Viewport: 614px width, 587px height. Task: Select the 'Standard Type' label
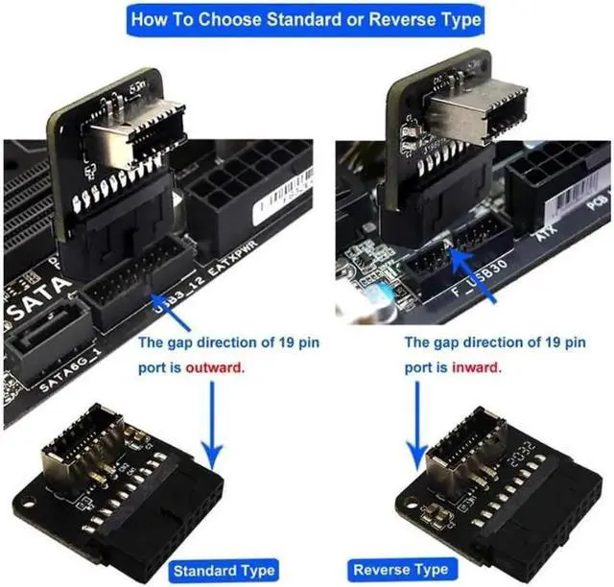point(224,569)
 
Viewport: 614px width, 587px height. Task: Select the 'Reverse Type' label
point(401,569)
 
